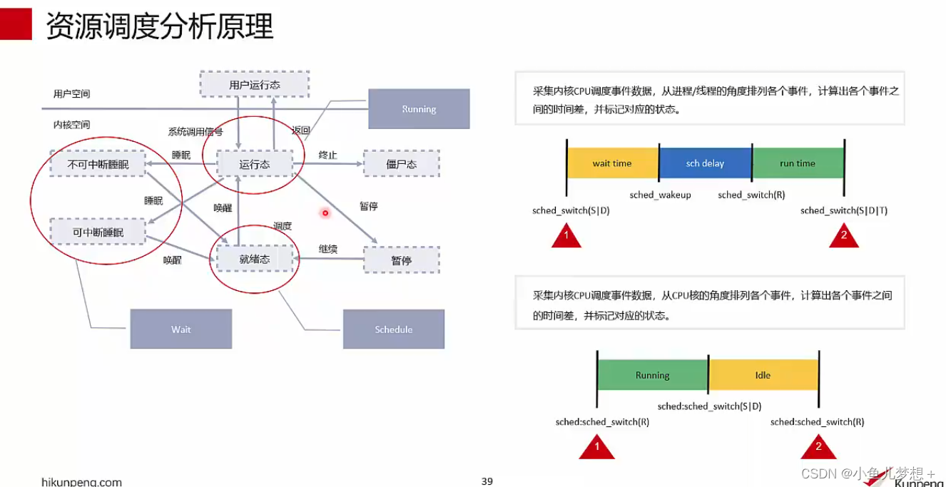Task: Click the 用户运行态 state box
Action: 255,84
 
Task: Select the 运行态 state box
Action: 255,164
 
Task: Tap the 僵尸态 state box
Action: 401,164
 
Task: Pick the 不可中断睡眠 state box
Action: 98,164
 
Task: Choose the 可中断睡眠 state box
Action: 98,232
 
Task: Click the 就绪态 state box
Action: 255,259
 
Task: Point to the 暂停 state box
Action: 401,260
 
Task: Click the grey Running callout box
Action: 419,109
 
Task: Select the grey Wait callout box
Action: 181,329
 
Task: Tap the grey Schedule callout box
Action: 394,329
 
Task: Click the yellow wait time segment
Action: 612,163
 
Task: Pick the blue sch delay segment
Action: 705,163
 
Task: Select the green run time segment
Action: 798,163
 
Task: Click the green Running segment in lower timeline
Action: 652,375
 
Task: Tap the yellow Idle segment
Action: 763,375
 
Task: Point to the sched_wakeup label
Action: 660,195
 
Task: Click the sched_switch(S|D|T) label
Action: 844,210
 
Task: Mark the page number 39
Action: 487,481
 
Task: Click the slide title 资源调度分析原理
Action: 160,26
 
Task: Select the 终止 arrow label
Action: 327,155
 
